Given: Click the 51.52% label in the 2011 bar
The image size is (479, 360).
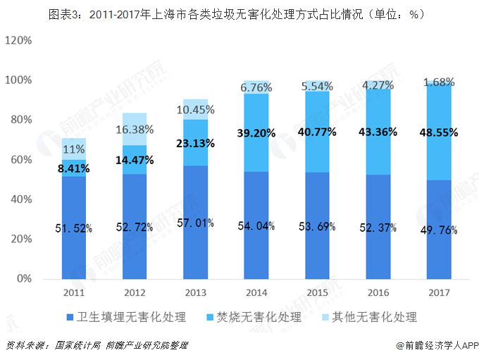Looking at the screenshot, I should coord(74,228).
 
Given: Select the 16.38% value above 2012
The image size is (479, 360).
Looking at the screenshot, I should coord(135,130).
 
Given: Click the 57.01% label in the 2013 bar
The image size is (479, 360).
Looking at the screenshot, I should coord(195,223).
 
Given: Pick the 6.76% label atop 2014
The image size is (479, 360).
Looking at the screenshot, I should coord(256,88).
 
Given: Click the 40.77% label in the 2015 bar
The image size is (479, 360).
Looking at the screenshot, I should coord(316,132).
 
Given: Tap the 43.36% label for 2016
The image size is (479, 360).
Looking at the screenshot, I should coord(377,132).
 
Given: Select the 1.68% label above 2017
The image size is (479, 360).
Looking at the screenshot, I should coord(438,83).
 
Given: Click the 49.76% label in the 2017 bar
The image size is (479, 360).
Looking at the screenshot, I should coord(438,230).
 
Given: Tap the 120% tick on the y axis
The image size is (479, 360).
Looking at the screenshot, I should coord(19,41).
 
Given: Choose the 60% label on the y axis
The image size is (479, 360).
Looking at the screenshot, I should coord(21,160).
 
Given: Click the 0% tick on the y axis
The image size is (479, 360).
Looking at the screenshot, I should coord(24,279).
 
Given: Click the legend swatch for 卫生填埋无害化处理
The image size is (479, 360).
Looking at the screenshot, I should coord(69,317).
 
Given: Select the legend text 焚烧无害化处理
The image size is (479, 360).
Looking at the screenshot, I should coord(259,317).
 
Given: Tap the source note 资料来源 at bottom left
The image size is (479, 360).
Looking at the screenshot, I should coord(99,346).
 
